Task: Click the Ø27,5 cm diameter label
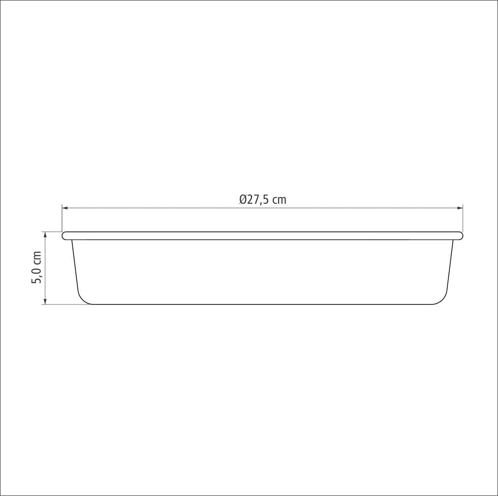pos(263,199)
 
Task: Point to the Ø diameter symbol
pos(243,199)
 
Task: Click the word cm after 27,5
pos(279,199)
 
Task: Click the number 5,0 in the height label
pos(37,277)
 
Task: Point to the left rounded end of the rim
pos(65,236)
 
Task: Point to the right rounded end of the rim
pos(460,236)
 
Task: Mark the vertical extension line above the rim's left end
pos(62,219)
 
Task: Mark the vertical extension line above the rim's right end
pos(463,219)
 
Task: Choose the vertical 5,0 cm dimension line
pos(45,287)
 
